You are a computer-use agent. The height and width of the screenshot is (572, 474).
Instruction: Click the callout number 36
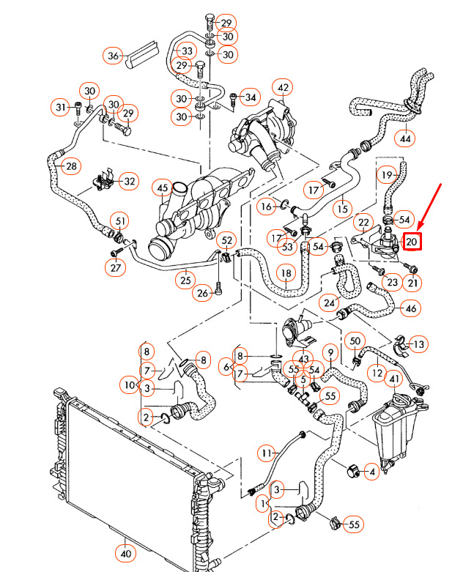point(114,56)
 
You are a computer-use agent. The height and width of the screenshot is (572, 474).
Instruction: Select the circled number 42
point(284,89)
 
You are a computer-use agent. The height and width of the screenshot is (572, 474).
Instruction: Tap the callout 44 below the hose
point(405,137)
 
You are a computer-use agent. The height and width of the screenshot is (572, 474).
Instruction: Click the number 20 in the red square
point(412,240)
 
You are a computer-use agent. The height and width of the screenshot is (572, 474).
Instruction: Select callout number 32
point(128,181)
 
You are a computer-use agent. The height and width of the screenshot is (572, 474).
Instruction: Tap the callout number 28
point(70,167)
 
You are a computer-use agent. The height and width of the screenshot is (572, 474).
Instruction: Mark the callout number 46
point(411,308)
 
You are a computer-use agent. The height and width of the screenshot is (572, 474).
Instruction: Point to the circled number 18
point(286,273)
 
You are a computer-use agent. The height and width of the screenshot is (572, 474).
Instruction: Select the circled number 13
point(418,344)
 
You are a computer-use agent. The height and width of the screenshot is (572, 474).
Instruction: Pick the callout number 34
point(251,97)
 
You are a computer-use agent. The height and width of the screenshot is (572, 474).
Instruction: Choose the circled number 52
point(227,240)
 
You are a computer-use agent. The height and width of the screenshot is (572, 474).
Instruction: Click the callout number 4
point(372,472)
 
